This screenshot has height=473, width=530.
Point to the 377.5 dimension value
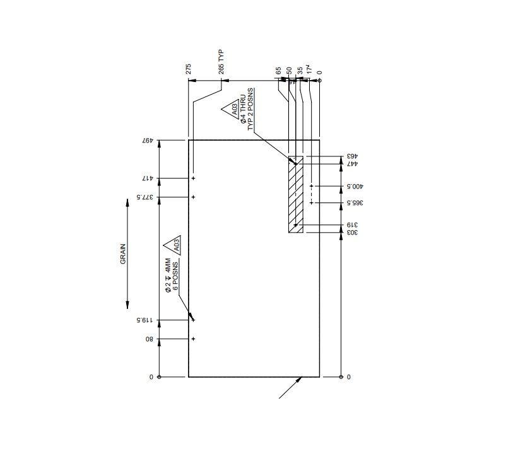click(x=146, y=197)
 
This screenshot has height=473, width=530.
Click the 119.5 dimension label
click(x=146, y=320)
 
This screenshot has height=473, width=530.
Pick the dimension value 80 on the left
click(x=150, y=339)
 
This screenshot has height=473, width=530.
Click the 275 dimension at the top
click(x=189, y=69)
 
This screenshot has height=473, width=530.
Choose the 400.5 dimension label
click(x=355, y=187)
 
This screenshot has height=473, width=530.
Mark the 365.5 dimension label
click(x=355, y=202)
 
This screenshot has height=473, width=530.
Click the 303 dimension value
click(x=352, y=233)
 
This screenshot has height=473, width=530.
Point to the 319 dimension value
click(x=352, y=225)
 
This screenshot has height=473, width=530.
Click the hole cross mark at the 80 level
click(x=193, y=339)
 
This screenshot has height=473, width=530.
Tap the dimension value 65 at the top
click(x=278, y=71)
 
